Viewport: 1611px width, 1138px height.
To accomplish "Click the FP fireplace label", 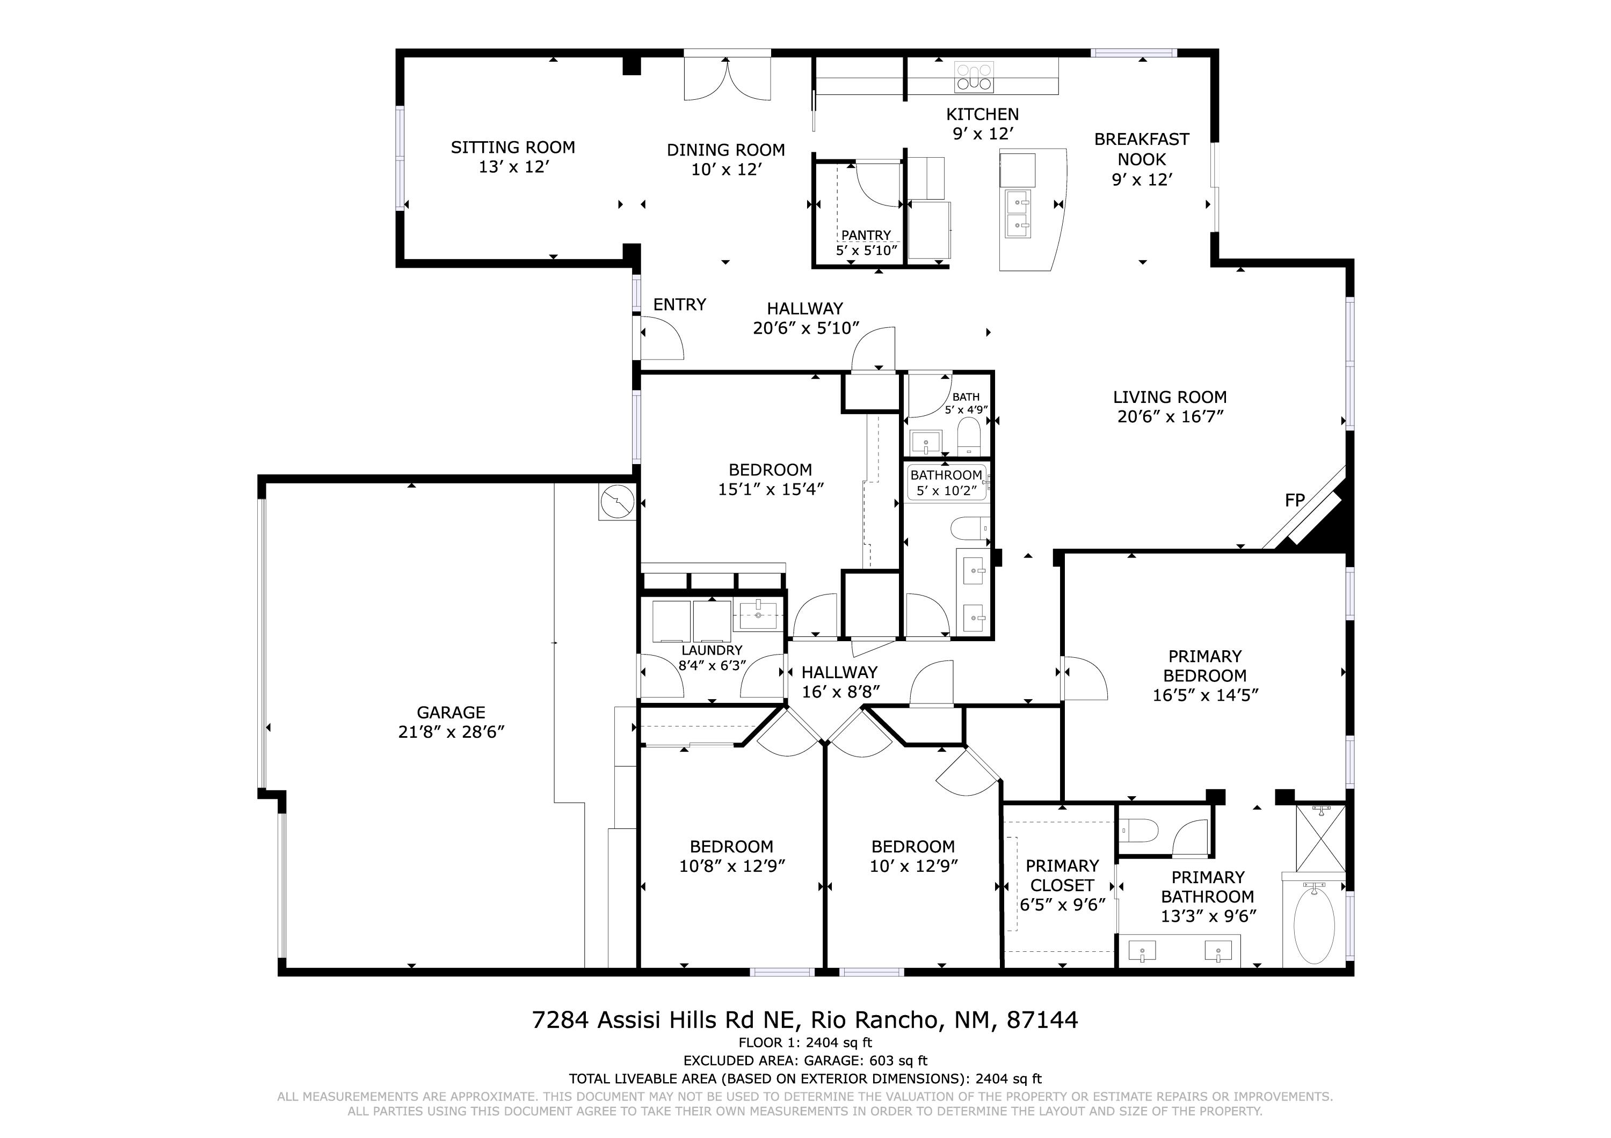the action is [x=1295, y=501].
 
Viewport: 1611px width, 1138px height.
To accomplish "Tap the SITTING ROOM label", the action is [x=513, y=147].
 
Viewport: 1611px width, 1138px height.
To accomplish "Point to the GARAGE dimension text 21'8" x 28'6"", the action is [x=451, y=732].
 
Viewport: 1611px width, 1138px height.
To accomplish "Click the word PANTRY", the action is [x=866, y=236].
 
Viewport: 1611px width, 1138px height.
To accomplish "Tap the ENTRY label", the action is [x=679, y=304].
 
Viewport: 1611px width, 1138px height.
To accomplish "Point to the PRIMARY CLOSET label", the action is [x=1062, y=875].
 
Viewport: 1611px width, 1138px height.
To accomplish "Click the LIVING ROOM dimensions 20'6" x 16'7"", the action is [x=1170, y=416].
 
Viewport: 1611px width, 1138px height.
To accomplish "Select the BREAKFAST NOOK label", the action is [x=1142, y=149].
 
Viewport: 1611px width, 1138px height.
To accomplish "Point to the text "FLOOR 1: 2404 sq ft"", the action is [x=805, y=1042].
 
